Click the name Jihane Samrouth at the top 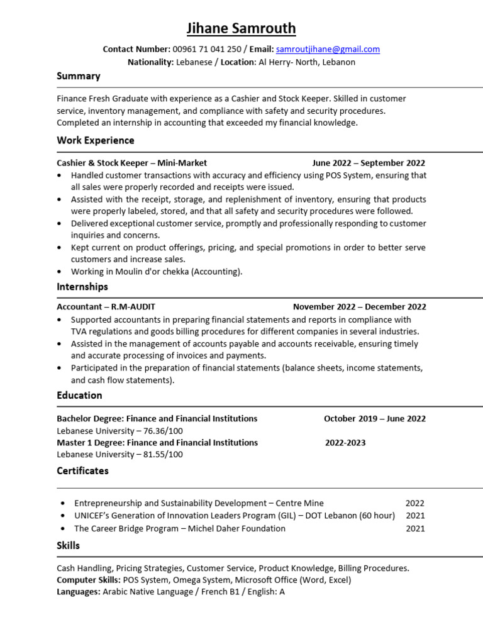[x=241, y=28]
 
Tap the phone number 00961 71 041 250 [x=207, y=49]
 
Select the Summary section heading [x=79, y=76]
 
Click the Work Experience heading [x=96, y=140]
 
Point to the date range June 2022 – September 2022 [x=369, y=163]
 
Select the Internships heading [x=82, y=287]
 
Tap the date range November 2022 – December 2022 [x=359, y=307]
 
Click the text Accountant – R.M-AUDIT [x=106, y=307]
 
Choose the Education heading [x=79, y=396]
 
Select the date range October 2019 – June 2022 [x=374, y=419]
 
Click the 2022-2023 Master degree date [x=345, y=443]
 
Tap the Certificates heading [x=82, y=471]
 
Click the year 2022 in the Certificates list [x=414, y=503]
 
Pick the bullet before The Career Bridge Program [x=62, y=529]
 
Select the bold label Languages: [x=79, y=592]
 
